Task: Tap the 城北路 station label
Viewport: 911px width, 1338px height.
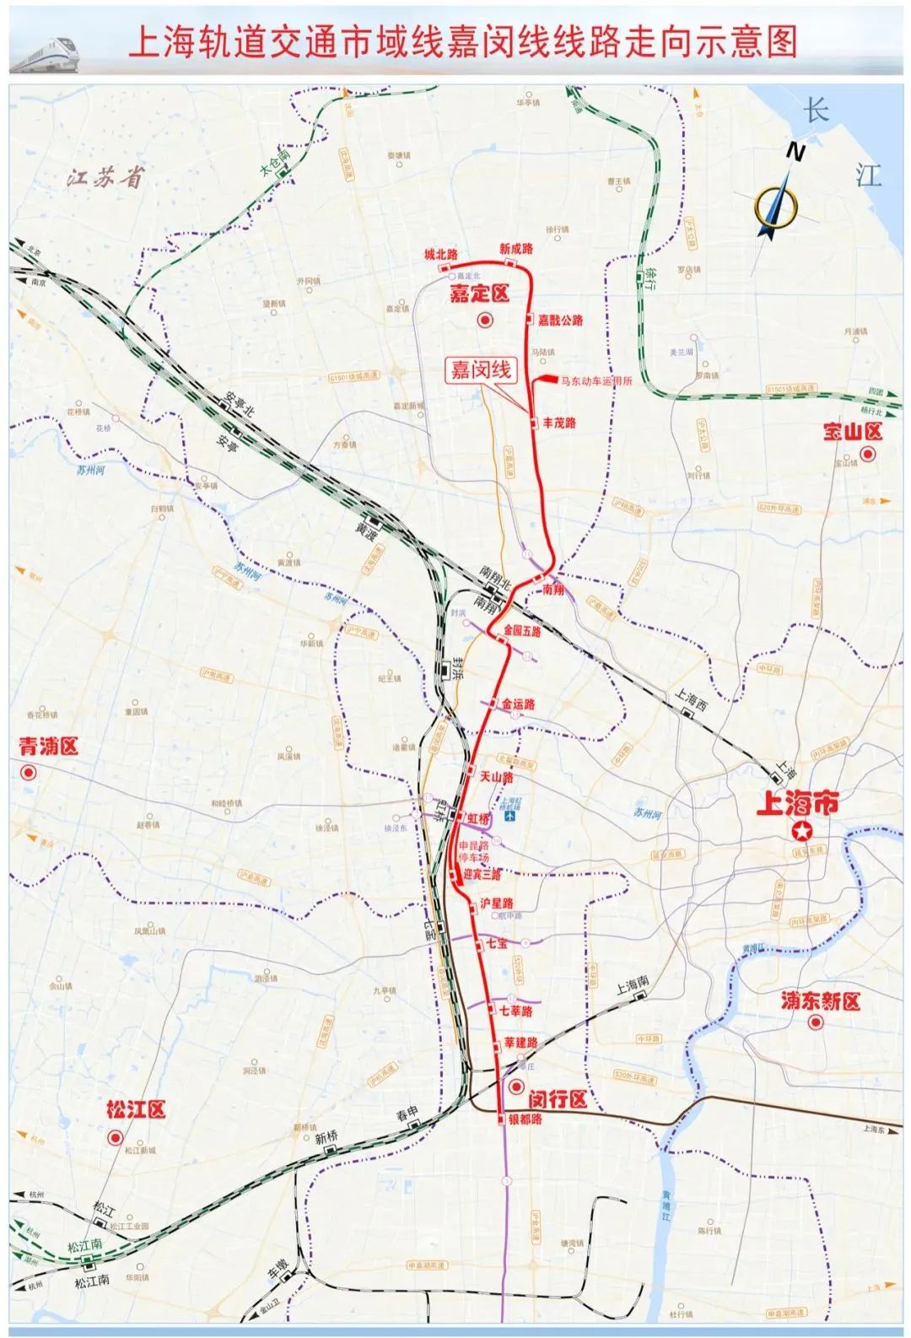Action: point(440,254)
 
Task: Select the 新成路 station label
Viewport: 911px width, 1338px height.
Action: point(515,249)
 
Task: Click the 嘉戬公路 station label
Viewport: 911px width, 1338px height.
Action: point(561,321)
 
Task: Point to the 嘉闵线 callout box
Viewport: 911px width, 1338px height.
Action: point(480,370)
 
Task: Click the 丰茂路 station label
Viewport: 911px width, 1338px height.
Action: point(558,423)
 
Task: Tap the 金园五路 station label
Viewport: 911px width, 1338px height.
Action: point(521,630)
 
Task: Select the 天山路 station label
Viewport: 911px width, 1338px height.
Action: point(496,776)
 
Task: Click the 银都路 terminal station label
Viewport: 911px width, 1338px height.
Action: point(525,1119)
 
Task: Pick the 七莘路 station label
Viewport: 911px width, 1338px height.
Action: point(515,1010)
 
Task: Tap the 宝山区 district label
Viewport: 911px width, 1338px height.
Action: point(852,433)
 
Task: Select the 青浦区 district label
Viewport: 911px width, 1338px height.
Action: point(48,747)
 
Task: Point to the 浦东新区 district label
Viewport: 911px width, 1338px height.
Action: point(819,1001)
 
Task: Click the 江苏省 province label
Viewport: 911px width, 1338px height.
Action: point(108,179)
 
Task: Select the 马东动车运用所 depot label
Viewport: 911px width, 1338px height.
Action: point(596,381)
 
